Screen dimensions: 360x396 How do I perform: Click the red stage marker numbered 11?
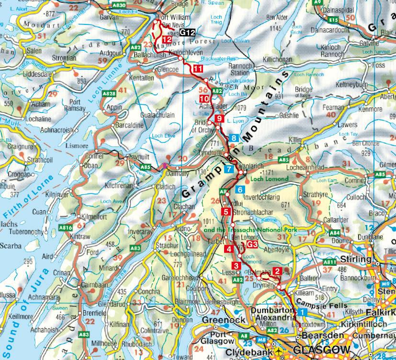[198, 69]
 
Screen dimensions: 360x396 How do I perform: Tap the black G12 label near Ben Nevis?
[188, 33]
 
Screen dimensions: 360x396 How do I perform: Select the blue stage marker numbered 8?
[234, 138]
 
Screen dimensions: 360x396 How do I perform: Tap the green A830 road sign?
[119, 5]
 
